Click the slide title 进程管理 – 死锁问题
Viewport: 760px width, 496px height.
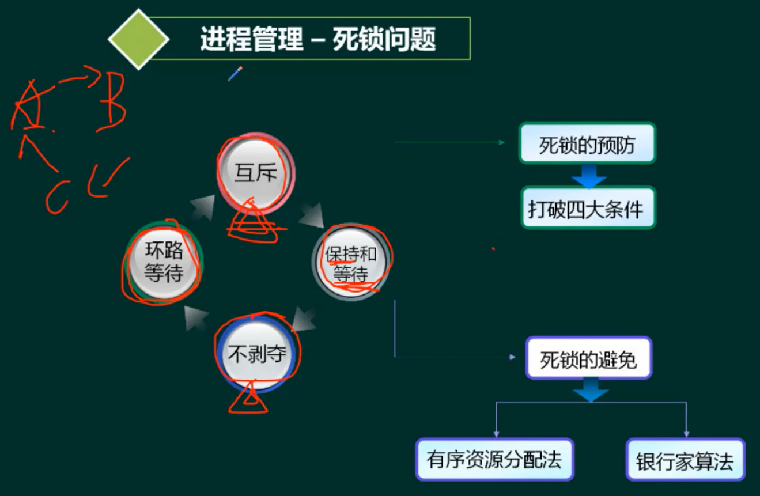click(x=317, y=40)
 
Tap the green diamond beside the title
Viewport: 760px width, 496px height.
click(x=138, y=40)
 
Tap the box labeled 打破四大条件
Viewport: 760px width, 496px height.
click(x=587, y=209)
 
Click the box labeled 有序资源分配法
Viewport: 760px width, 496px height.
click(x=494, y=460)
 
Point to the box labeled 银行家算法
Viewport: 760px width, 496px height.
click(x=685, y=460)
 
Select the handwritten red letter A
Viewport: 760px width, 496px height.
click(x=29, y=107)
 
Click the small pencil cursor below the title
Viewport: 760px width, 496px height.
click(x=235, y=74)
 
